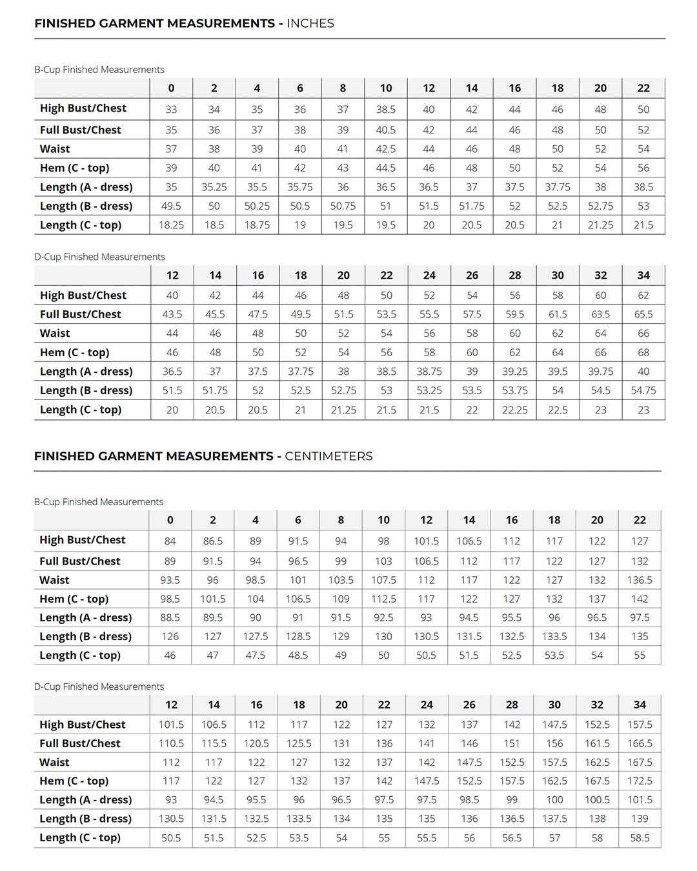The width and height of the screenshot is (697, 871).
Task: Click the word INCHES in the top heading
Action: [x=310, y=23]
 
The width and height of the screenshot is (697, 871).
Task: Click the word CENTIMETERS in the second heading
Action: [x=328, y=456]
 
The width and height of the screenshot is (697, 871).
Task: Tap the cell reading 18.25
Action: [x=171, y=225]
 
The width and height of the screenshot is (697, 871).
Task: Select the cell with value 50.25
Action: [x=257, y=206]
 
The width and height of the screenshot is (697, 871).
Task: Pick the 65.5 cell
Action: [x=643, y=314]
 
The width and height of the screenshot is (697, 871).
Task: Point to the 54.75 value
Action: [x=643, y=390]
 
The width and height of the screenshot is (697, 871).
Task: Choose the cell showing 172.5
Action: [x=640, y=781]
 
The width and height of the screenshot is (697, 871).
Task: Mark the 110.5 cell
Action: [x=171, y=743]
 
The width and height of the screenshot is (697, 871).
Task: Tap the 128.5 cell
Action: [x=298, y=636]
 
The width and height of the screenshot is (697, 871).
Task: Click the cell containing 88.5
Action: [x=170, y=617]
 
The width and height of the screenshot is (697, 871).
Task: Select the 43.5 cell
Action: [x=172, y=314]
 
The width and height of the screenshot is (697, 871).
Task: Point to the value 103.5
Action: [x=341, y=580]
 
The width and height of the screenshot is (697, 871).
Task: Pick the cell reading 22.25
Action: [x=515, y=410]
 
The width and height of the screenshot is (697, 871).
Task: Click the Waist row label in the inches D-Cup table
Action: [x=55, y=334]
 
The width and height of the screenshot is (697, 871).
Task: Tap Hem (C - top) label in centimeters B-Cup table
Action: [x=74, y=599]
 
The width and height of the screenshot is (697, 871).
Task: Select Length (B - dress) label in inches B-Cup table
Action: [x=86, y=206]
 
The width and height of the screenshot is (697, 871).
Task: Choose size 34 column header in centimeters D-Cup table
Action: [x=640, y=705]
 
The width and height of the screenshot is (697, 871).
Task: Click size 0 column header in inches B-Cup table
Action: [x=171, y=88]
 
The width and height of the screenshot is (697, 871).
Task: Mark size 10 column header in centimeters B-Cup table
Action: [x=383, y=520]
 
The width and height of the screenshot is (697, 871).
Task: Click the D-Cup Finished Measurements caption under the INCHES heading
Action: [x=99, y=257]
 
